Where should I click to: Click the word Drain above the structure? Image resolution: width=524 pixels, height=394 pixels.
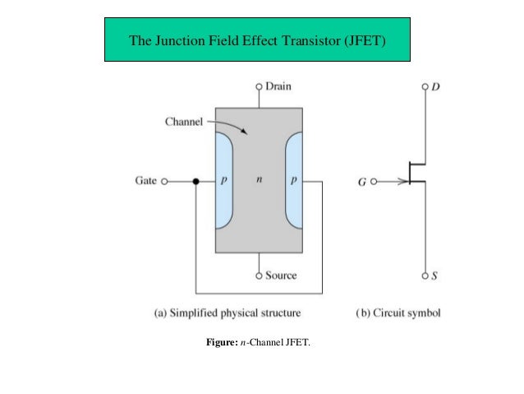tap(278, 86)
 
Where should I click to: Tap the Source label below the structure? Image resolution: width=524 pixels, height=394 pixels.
tap(281, 276)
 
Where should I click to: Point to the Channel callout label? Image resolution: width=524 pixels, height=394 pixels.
tap(184, 122)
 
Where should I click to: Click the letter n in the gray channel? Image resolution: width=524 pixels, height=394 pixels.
tap(260, 179)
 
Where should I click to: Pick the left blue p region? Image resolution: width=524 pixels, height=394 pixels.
tap(223, 179)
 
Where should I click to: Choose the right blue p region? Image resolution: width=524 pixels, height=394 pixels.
tap(295, 179)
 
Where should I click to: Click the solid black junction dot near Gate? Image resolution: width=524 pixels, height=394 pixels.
tap(196, 181)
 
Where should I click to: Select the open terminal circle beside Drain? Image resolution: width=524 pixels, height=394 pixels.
tap(260, 86)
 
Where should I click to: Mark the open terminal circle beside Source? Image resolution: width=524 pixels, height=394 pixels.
tap(260, 276)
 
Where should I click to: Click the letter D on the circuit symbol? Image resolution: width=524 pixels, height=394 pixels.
tap(435, 86)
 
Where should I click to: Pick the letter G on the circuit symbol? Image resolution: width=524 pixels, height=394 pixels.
tap(361, 182)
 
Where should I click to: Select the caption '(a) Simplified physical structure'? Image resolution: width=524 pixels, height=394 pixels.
tap(228, 313)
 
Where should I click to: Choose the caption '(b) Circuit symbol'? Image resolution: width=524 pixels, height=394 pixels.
tap(398, 313)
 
